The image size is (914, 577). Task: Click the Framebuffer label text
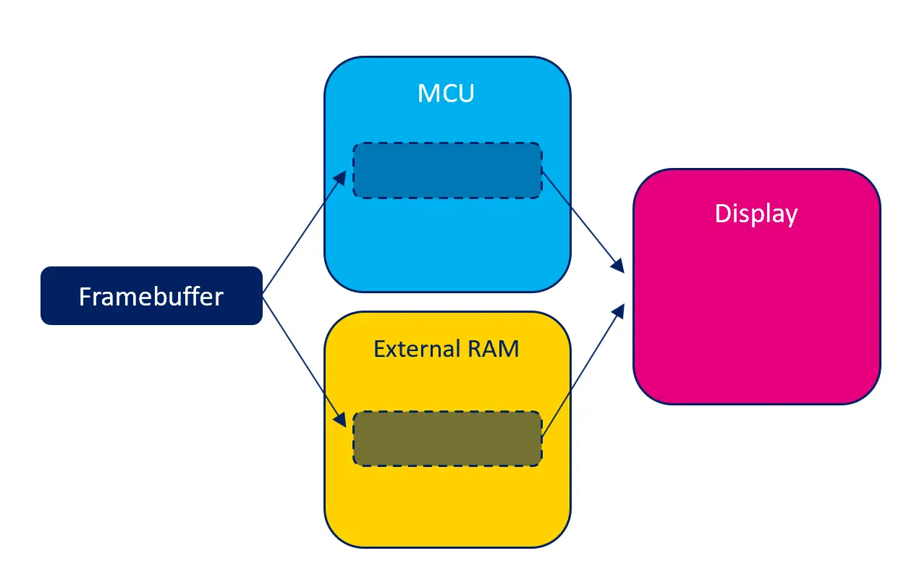(x=151, y=297)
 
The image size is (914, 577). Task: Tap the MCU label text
(x=446, y=93)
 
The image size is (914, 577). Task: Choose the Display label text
(x=756, y=214)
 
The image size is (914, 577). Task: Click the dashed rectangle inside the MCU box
(x=447, y=171)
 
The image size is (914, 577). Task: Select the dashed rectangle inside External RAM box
(x=447, y=439)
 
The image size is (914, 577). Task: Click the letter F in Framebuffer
(x=85, y=297)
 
